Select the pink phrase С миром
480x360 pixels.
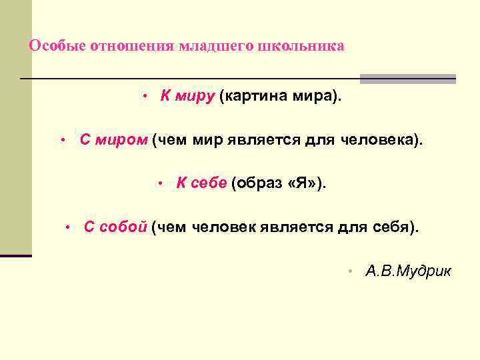(x=113, y=140)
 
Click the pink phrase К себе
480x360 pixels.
(x=201, y=184)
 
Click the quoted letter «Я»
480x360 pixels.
(x=304, y=184)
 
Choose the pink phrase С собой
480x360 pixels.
(x=115, y=227)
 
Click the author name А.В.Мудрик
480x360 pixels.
(x=408, y=271)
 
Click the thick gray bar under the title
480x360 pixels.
(x=408, y=79)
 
